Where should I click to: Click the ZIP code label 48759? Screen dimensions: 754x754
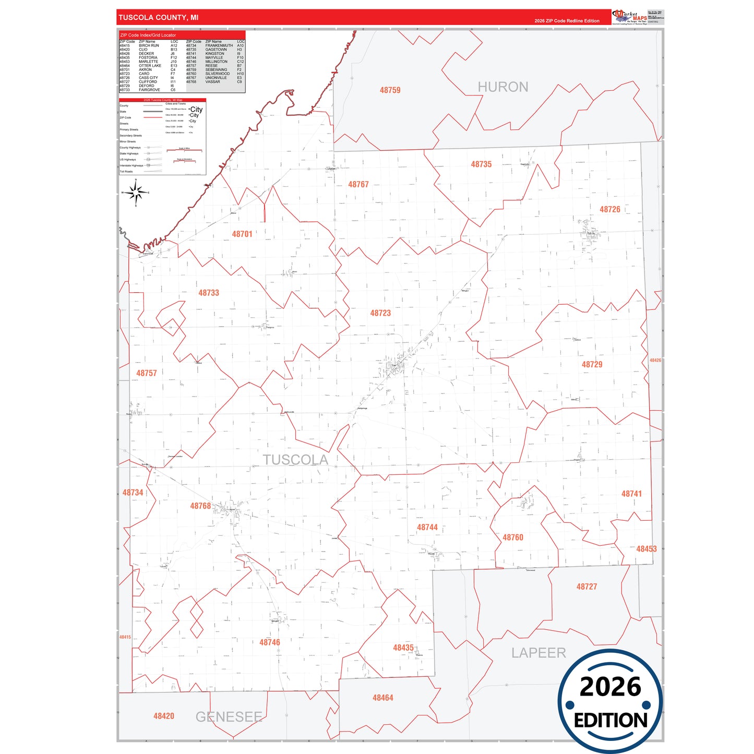pos(390,90)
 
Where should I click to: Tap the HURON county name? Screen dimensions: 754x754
pos(503,87)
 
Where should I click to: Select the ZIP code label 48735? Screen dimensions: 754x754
pos(481,164)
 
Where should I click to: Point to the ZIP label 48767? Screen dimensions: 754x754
pos(358,185)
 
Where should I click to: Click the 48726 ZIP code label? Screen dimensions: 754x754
pos(609,209)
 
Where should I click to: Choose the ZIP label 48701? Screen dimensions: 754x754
pos(242,234)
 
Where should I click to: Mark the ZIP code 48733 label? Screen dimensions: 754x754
pos(209,293)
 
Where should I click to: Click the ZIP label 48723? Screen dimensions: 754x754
pos(380,313)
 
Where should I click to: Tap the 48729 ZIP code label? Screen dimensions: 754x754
pos(592,365)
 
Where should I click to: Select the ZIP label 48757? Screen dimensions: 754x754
pos(147,373)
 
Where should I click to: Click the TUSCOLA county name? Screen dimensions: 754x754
pos(295,460)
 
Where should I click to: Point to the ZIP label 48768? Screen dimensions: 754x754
pos(200,506)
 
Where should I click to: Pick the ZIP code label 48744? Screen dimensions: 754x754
pos(427,528)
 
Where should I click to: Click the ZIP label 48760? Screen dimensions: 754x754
pos(512,537)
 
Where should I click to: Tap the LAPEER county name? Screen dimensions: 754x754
pos(538,653)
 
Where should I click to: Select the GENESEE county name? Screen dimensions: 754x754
pos(229,717)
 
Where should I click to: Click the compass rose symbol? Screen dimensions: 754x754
pos(136,193)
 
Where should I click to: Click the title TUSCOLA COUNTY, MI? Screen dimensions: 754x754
pos(158,18)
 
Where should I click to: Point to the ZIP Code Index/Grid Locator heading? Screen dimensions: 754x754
pos(148,35)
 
